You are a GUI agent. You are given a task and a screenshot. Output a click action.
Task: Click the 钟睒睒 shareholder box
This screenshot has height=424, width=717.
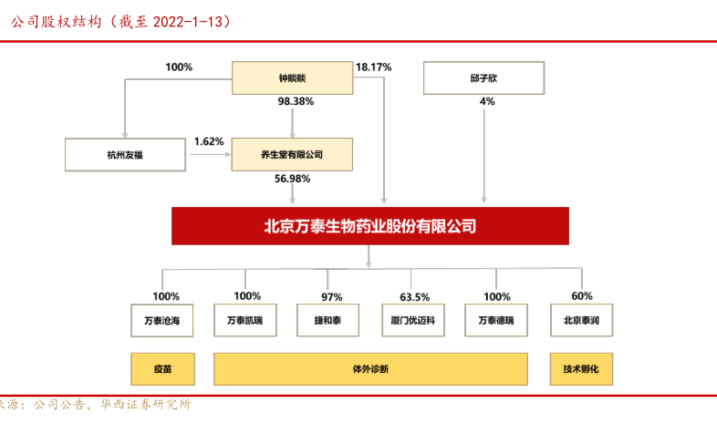[292, 78]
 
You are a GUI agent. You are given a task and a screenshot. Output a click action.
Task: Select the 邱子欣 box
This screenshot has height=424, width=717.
[483, 78]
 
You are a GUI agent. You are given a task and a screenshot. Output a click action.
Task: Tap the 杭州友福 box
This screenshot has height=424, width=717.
[126, 155]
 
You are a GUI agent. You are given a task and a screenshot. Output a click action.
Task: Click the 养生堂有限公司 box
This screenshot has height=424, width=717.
[292, 155]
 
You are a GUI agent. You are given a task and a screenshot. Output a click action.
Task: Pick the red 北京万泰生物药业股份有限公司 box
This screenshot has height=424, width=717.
[369, 226]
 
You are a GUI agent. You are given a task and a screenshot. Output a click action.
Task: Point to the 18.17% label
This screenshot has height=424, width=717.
[374, 67]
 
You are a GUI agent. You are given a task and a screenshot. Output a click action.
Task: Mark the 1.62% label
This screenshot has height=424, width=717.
[209, 141]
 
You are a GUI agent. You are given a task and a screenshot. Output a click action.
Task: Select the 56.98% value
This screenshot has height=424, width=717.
[293, 179]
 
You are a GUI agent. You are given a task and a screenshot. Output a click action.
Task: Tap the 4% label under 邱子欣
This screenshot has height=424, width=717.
[486, 101]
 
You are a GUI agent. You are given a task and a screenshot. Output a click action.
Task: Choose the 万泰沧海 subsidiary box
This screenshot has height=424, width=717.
[163, 321]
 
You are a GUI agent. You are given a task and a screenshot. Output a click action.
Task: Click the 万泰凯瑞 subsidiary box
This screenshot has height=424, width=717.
[244, 321]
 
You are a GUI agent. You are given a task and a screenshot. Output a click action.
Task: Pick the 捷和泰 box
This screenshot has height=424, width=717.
[331, 321]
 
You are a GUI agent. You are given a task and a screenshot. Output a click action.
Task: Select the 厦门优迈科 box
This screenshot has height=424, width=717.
[413, 321]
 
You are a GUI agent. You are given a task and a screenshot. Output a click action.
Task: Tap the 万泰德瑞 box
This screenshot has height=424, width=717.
[496, 321]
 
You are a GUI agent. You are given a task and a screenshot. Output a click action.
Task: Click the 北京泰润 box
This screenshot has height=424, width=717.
[581, 321]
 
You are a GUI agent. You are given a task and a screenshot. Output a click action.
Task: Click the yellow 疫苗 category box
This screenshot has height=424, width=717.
[163, 370]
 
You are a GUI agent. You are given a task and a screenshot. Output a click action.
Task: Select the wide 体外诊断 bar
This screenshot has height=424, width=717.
[370, 370]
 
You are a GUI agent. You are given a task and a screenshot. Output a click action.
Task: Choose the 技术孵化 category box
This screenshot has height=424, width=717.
[581, 370]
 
